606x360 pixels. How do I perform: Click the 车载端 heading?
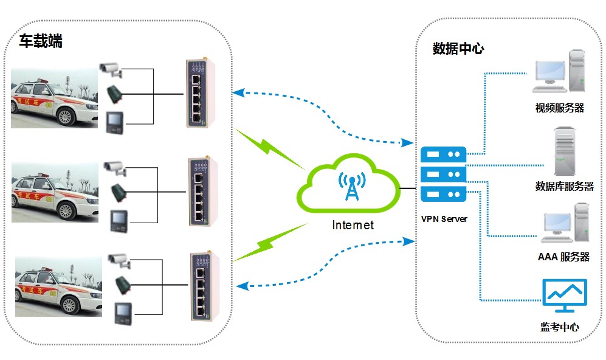pos(41,42)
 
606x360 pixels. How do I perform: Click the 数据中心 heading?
pos(458,49)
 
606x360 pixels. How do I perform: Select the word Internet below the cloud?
pos(353,225)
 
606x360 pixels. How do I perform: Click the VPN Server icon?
pos(444,174)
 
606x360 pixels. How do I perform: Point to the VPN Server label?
pos(444,218)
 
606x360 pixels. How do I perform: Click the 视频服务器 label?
pos(559,108)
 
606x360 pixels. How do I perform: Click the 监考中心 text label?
pos(559,327)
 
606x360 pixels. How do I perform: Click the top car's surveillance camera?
pos(111,69)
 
